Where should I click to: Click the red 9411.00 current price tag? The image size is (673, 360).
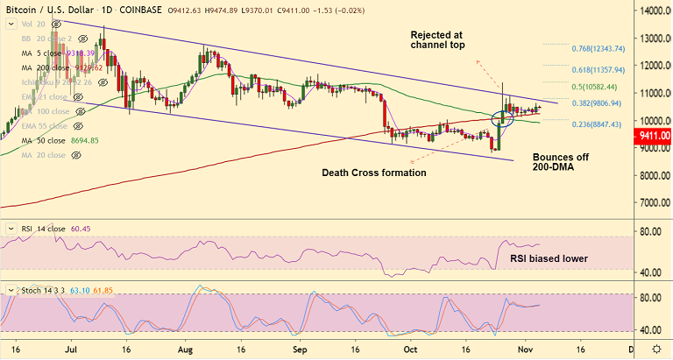pyautogui.click(x=653, y=136)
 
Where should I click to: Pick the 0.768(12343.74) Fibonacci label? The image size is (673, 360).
pyautogui.click(x=609, y=48)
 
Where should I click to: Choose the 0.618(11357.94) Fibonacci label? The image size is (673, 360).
pyautogui.click(x=609, y=69)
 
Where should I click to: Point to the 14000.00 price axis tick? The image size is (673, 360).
pyautogui.click(x=654, y=11)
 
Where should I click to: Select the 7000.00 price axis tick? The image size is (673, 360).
pyautogui.click(x=654, y=202)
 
